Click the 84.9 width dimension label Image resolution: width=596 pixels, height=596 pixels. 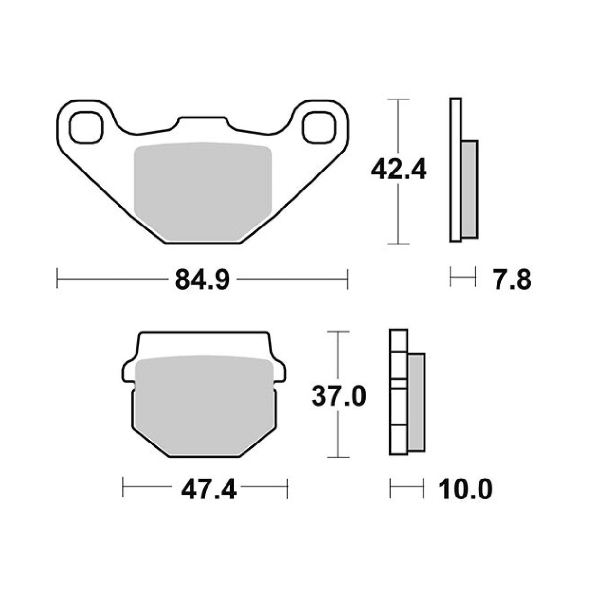click(202, 280)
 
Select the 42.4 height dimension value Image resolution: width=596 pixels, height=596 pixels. click(398, 169)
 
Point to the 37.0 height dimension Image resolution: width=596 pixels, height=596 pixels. click(339, 397)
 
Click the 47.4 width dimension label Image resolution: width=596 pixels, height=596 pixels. click(209, 490)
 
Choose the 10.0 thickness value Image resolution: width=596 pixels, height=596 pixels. click(465, 490)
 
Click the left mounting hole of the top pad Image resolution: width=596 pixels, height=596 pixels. click(86, 128)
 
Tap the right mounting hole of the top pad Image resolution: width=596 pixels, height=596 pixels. click(320, 128)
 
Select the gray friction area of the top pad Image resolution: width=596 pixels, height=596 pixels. click(203, 192)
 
